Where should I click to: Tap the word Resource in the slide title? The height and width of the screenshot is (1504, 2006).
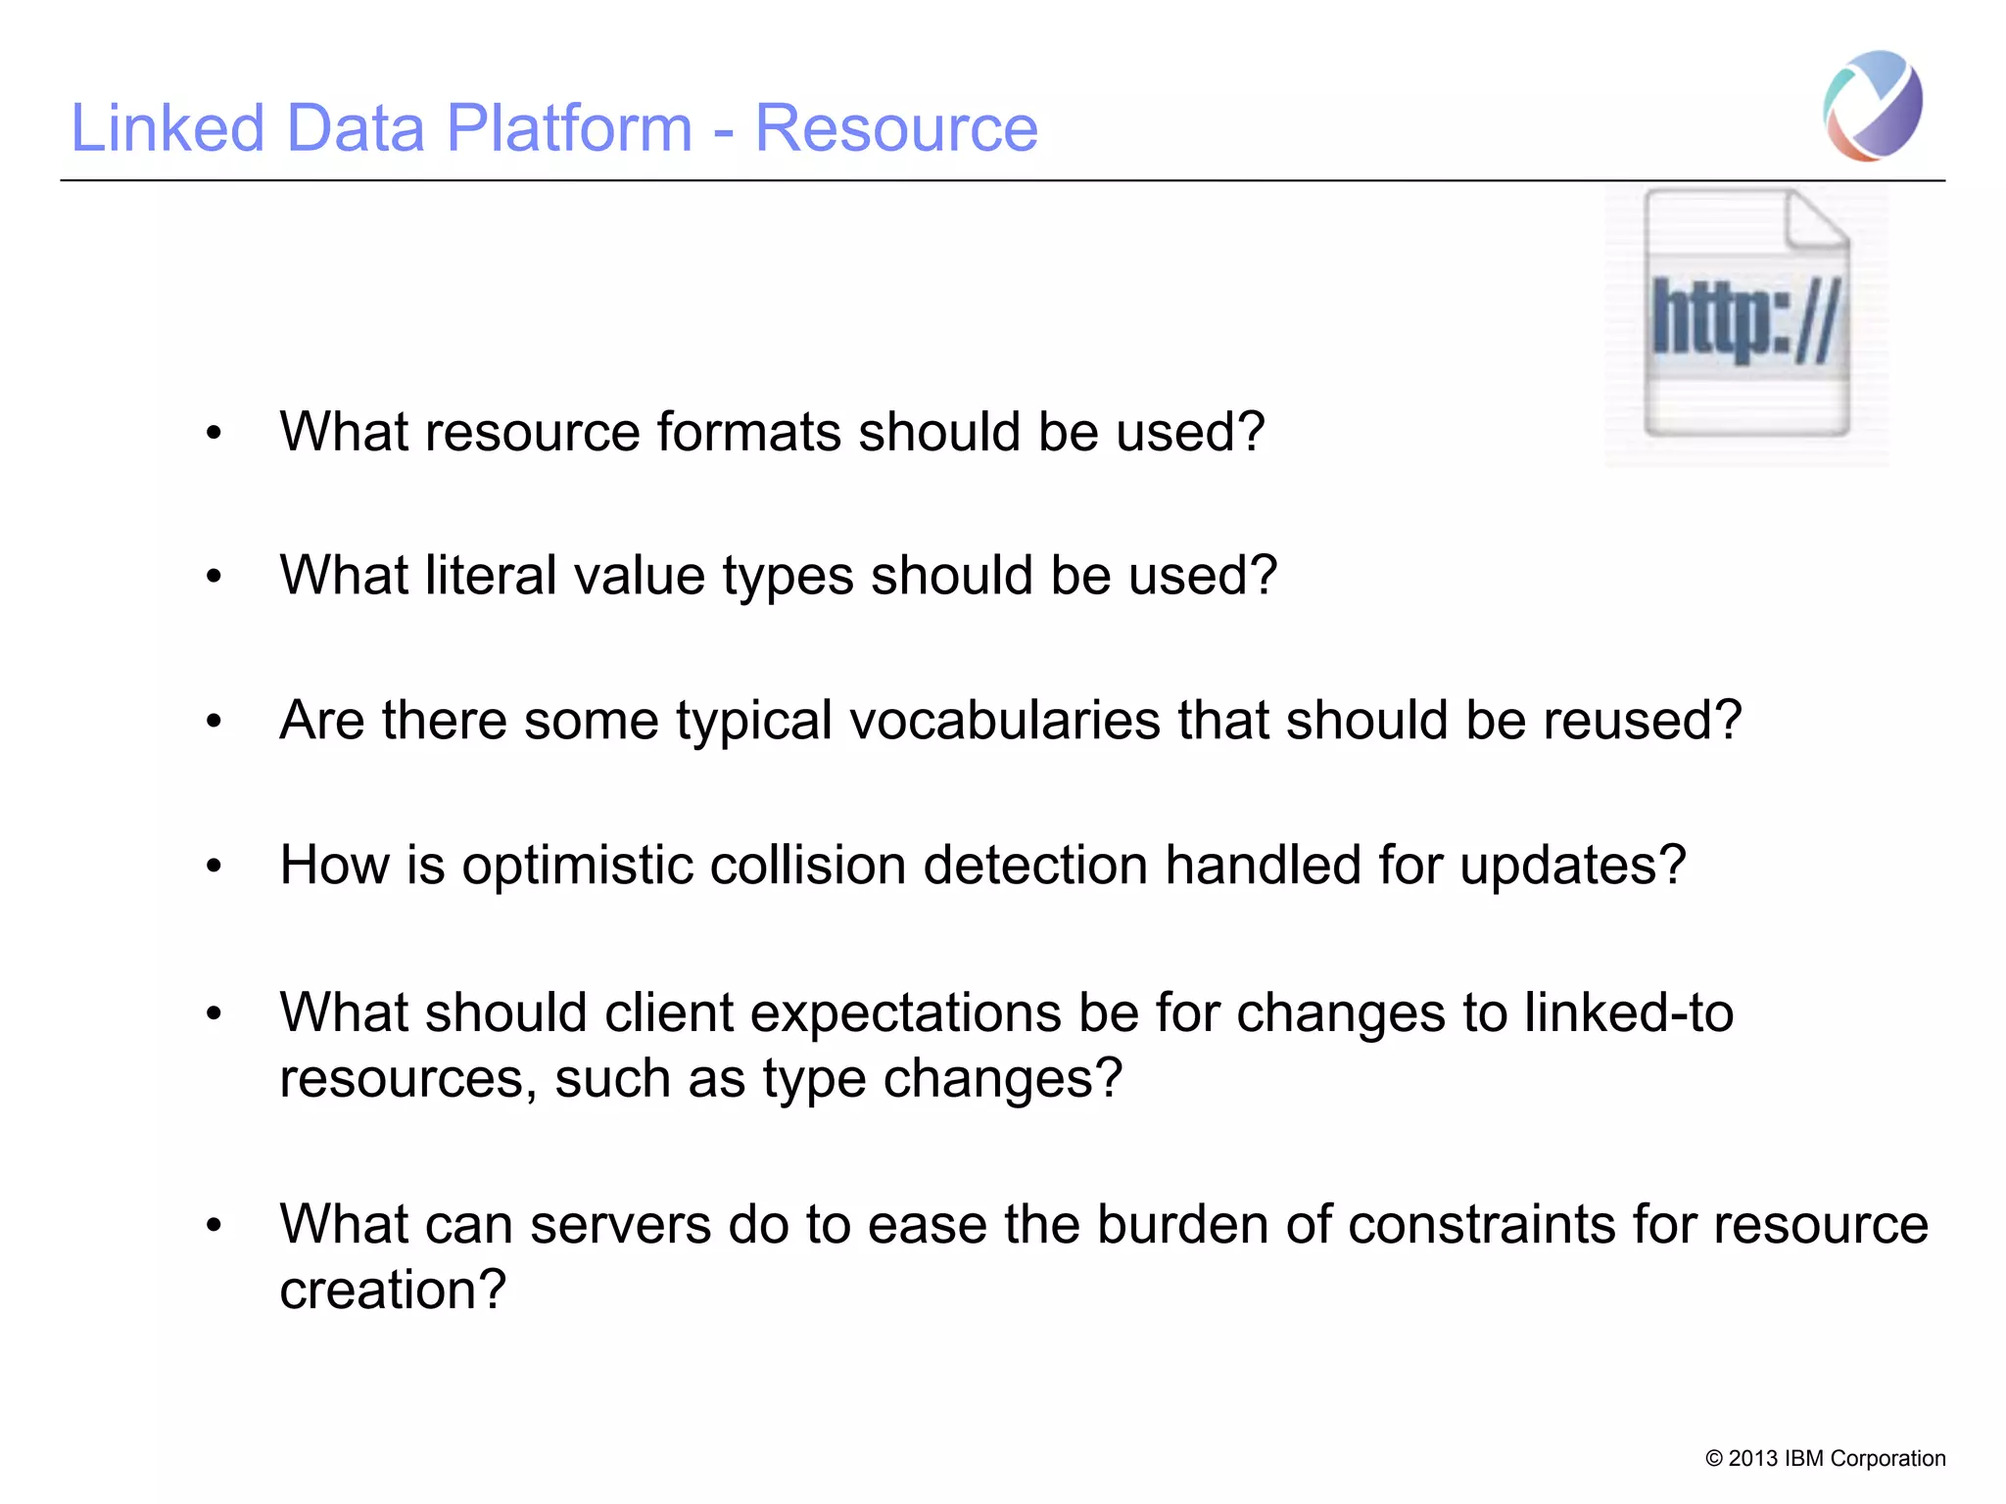896,128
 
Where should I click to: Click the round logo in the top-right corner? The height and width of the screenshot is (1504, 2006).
1873,106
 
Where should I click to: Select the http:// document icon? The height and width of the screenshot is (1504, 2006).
1746,313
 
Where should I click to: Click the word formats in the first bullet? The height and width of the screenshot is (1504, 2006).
747,432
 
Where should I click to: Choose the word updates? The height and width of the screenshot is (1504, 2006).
1572,867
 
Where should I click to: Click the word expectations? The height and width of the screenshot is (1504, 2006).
905,1012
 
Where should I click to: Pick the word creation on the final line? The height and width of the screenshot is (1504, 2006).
392,1290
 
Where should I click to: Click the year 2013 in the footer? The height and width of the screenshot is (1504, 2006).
1753,1459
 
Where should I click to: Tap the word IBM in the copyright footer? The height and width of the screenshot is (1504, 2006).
1804,1459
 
